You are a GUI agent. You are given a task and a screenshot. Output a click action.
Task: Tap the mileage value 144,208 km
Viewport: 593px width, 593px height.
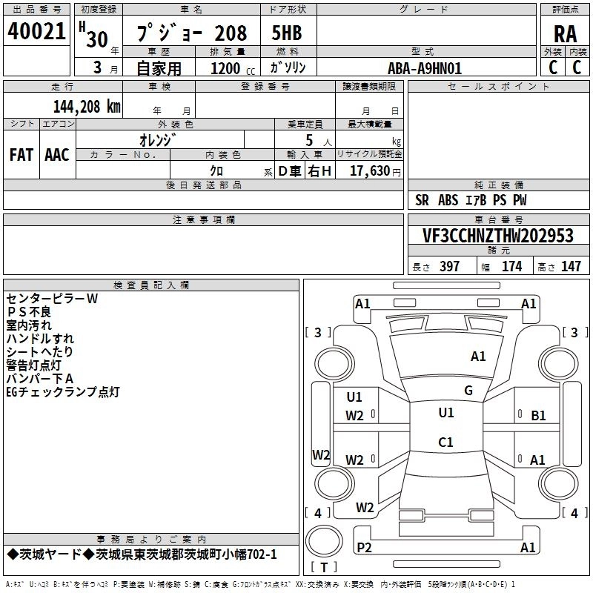[87, 107]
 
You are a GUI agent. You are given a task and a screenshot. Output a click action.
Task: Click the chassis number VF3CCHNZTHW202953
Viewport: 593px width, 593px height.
[498, 236]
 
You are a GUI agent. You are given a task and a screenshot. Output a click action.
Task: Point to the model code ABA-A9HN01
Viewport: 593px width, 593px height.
[425, 68]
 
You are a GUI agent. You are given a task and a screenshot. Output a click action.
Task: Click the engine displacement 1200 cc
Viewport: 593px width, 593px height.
[227, 68]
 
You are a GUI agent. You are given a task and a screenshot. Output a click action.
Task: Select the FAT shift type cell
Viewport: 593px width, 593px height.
[21, 154]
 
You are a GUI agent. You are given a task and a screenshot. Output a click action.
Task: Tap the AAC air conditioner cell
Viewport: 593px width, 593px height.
[57, 154]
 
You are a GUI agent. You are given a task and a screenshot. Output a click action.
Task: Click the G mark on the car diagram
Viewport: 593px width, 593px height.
[468, 390]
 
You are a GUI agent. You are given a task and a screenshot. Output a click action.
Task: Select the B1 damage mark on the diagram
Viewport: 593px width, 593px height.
[538, 416]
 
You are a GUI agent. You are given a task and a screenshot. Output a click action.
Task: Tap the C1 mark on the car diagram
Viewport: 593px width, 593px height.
[445, 443]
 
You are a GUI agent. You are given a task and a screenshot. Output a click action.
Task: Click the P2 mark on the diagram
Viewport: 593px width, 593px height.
[364, 548]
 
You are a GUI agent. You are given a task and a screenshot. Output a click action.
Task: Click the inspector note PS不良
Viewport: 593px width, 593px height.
[30, 312]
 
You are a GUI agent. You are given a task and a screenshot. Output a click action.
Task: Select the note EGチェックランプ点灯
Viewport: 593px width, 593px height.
[62, 392]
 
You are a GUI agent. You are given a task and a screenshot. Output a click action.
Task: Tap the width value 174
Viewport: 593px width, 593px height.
[511, 267]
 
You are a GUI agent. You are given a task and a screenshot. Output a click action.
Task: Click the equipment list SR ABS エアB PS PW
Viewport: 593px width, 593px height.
[471, 200]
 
